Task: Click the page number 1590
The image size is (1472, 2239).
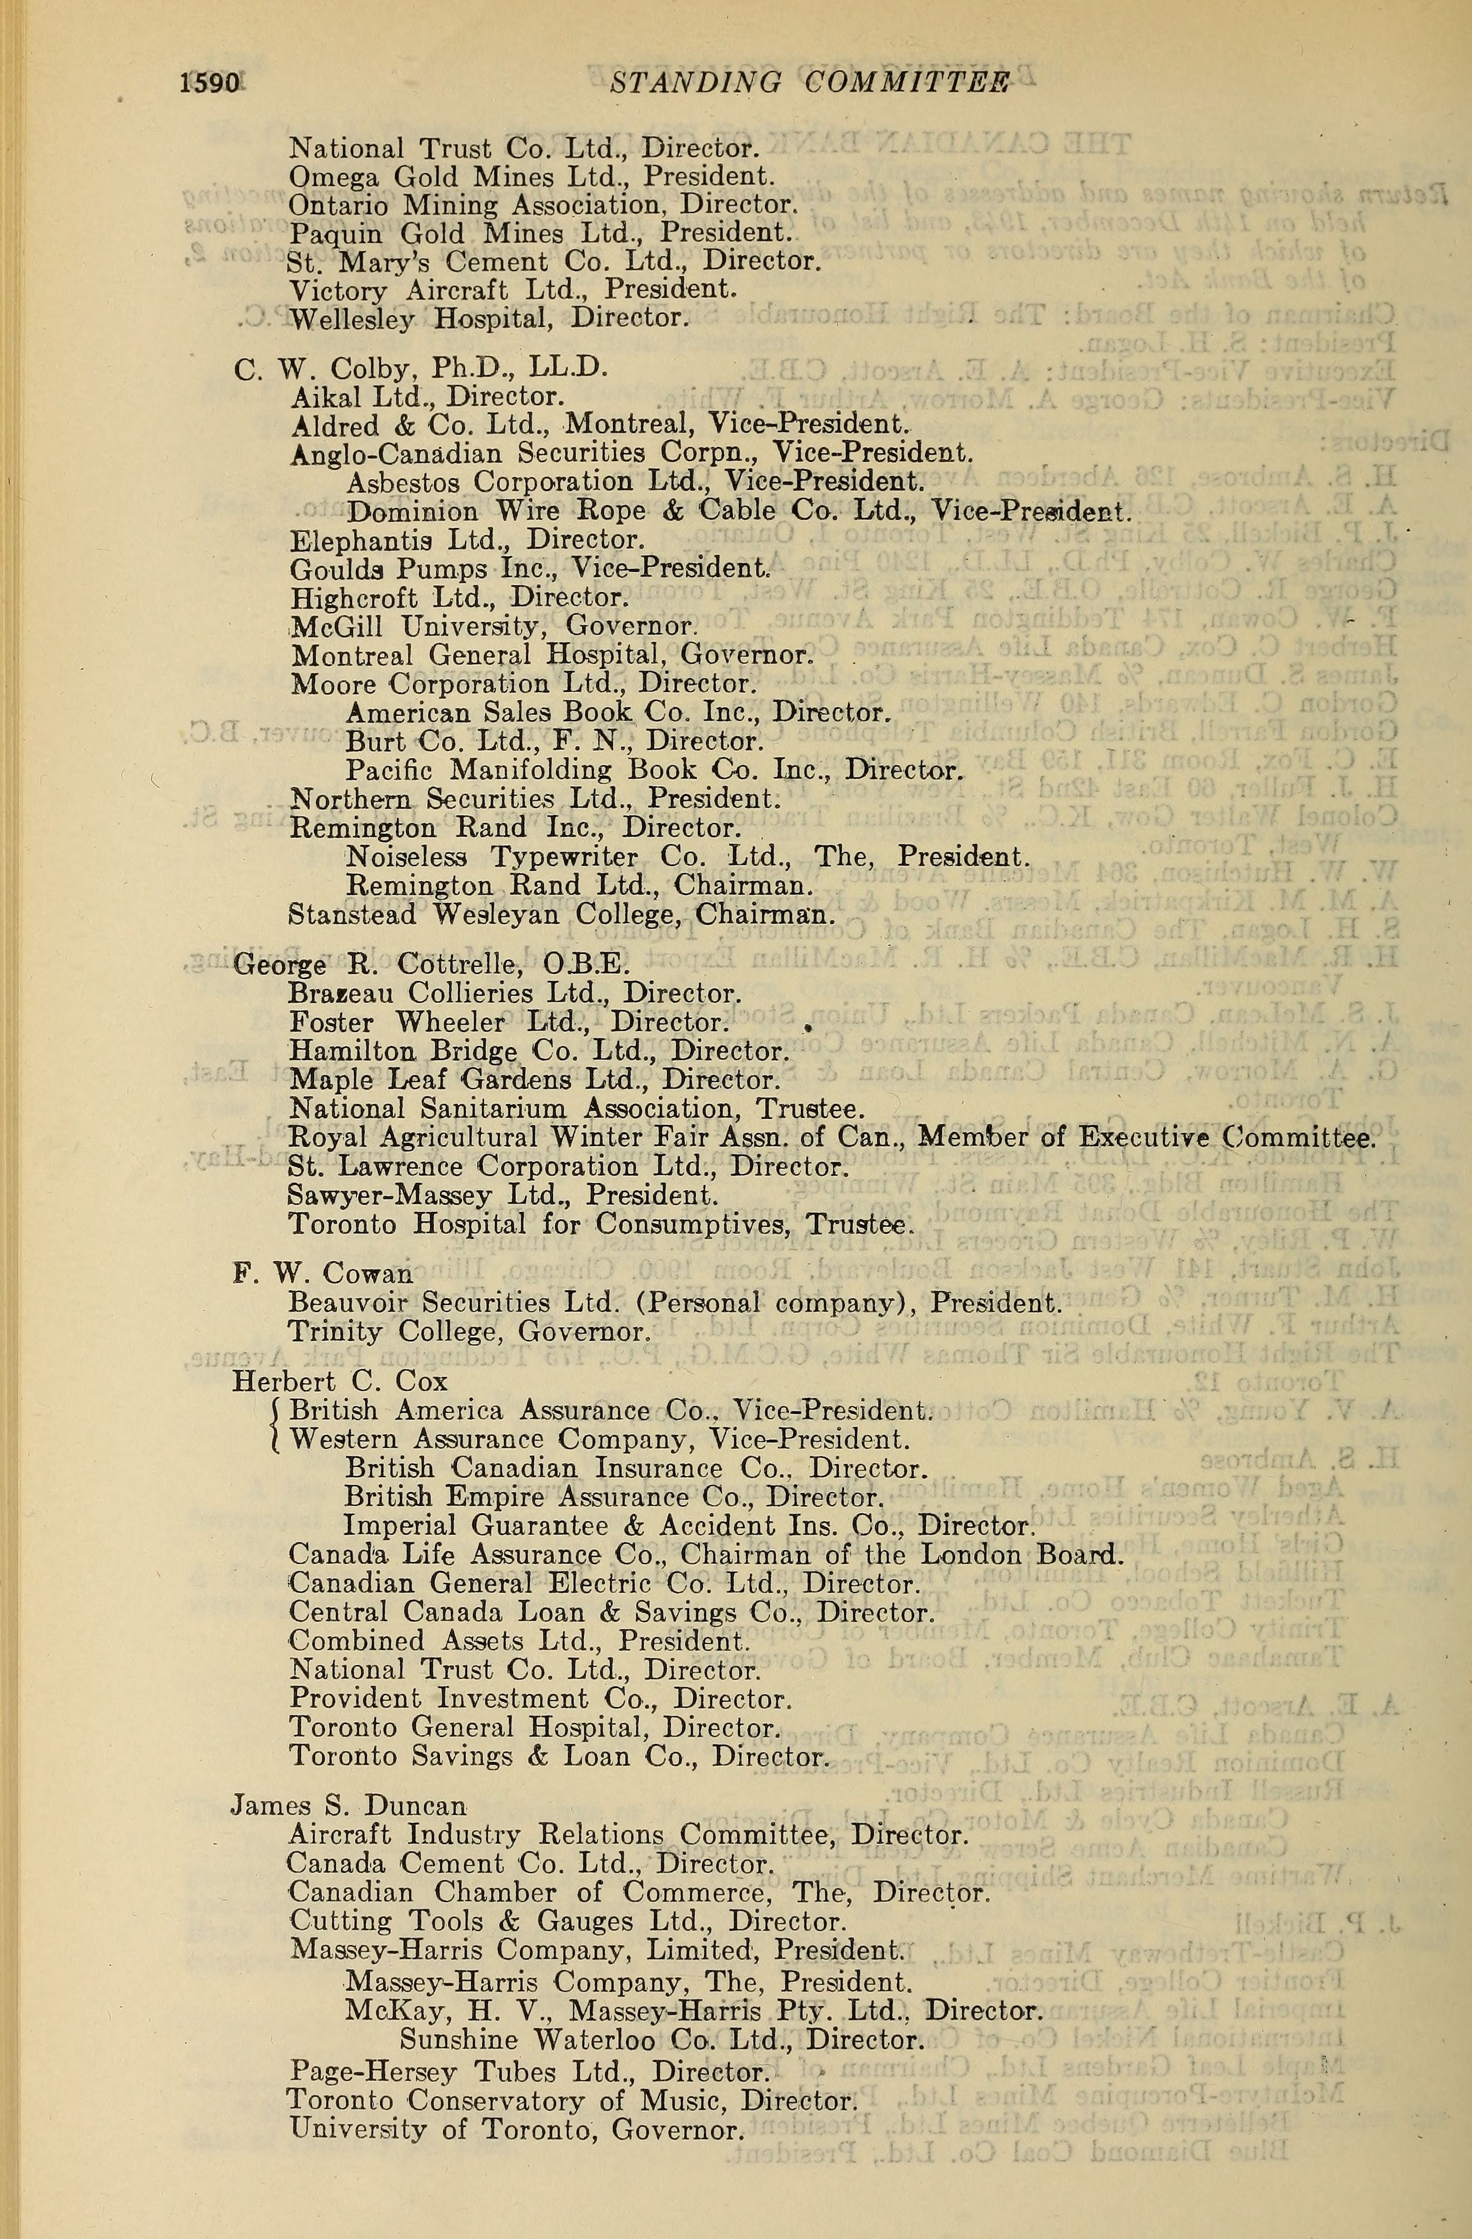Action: [x=210, y=84]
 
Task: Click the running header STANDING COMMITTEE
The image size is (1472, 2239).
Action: [x=809, y=84]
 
